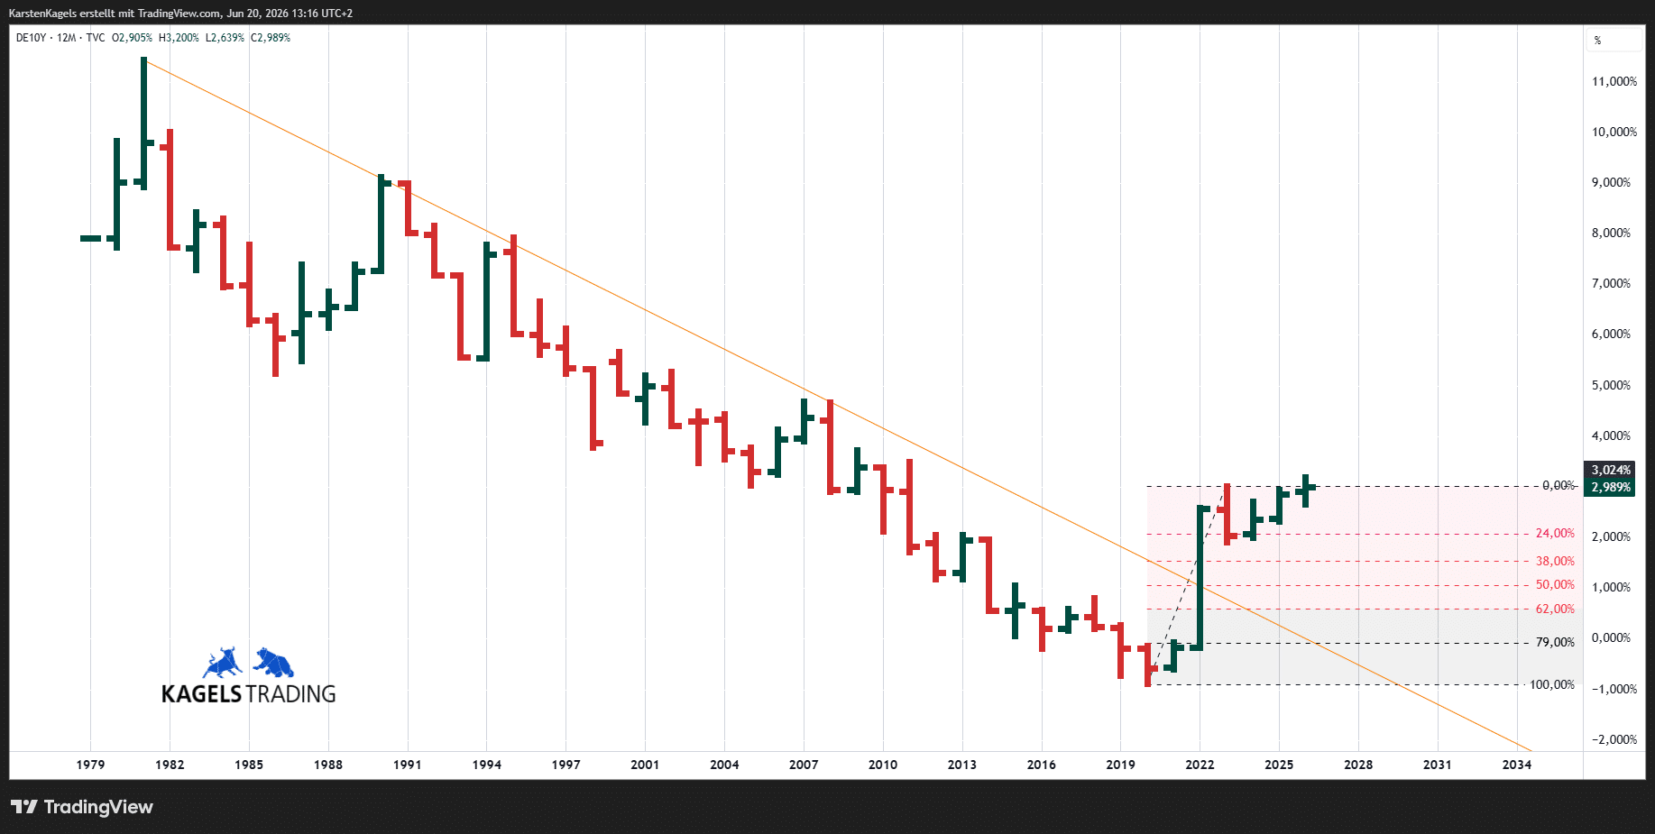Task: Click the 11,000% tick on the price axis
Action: click(1614, 81)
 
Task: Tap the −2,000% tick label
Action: click(1614, 739)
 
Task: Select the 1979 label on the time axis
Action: click(90, 765)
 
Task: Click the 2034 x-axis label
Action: click(1516, 765)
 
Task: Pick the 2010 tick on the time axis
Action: click(883, 765)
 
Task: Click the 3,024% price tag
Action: click(1610, 470)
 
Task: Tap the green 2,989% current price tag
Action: click(1610, 487)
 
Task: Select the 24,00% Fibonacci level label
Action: click(1555, 534)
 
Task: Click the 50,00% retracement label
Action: click(1555, 585)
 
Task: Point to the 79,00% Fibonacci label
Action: click(1555, 643)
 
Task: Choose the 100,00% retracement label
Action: click(1552, 685)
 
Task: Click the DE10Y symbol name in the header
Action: click(31, 38)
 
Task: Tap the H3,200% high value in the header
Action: click(179, 38)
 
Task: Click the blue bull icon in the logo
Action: click(223, 663)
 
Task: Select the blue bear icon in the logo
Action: click(273, 663)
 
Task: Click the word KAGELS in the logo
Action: click(201, 694)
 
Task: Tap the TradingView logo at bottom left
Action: click(82, 807)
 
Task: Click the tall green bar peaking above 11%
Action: click(143, 124)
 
